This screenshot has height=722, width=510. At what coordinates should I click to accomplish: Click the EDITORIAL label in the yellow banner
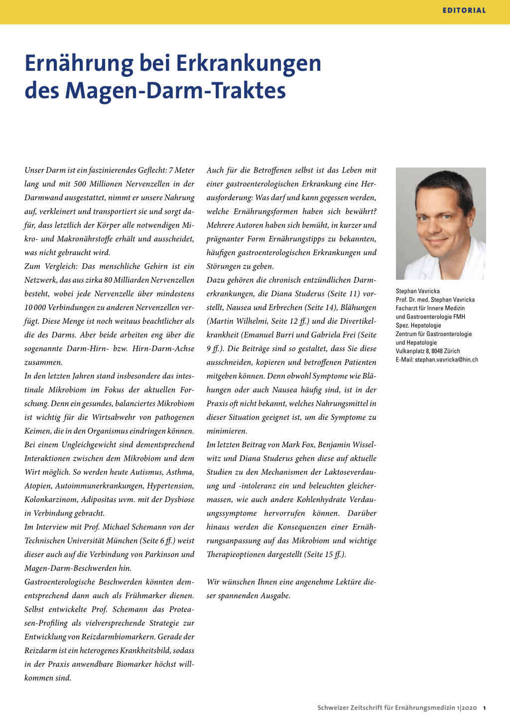coord(464,10)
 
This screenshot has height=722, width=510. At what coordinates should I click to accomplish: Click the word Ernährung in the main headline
coord(77,63)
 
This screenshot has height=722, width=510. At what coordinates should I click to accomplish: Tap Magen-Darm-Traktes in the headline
coord(175,91)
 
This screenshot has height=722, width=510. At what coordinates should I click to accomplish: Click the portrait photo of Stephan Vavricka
coord(441,223)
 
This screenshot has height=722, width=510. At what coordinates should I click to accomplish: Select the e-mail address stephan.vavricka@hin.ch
coord(446,360)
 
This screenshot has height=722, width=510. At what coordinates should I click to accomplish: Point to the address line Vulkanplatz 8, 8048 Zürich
coord(428,351)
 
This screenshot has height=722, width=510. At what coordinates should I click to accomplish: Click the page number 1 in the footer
coord(485,708)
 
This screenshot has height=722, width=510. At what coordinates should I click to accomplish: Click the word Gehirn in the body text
coord(156,266)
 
